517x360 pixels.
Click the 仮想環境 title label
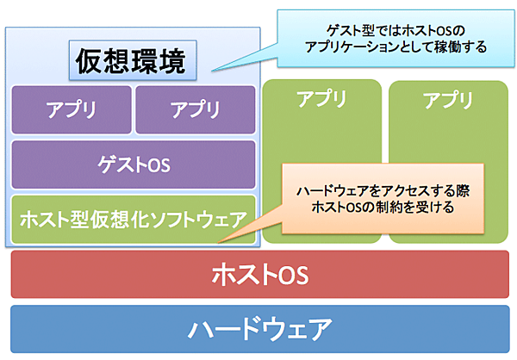[132, 62]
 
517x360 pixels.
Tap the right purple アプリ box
[195, 109]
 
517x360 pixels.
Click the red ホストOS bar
[259, 276]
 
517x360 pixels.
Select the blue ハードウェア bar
[259, 329]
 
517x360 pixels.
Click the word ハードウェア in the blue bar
[259, 329]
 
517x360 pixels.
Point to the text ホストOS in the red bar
[259, 276]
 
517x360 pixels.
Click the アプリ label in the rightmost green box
[448, 99]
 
